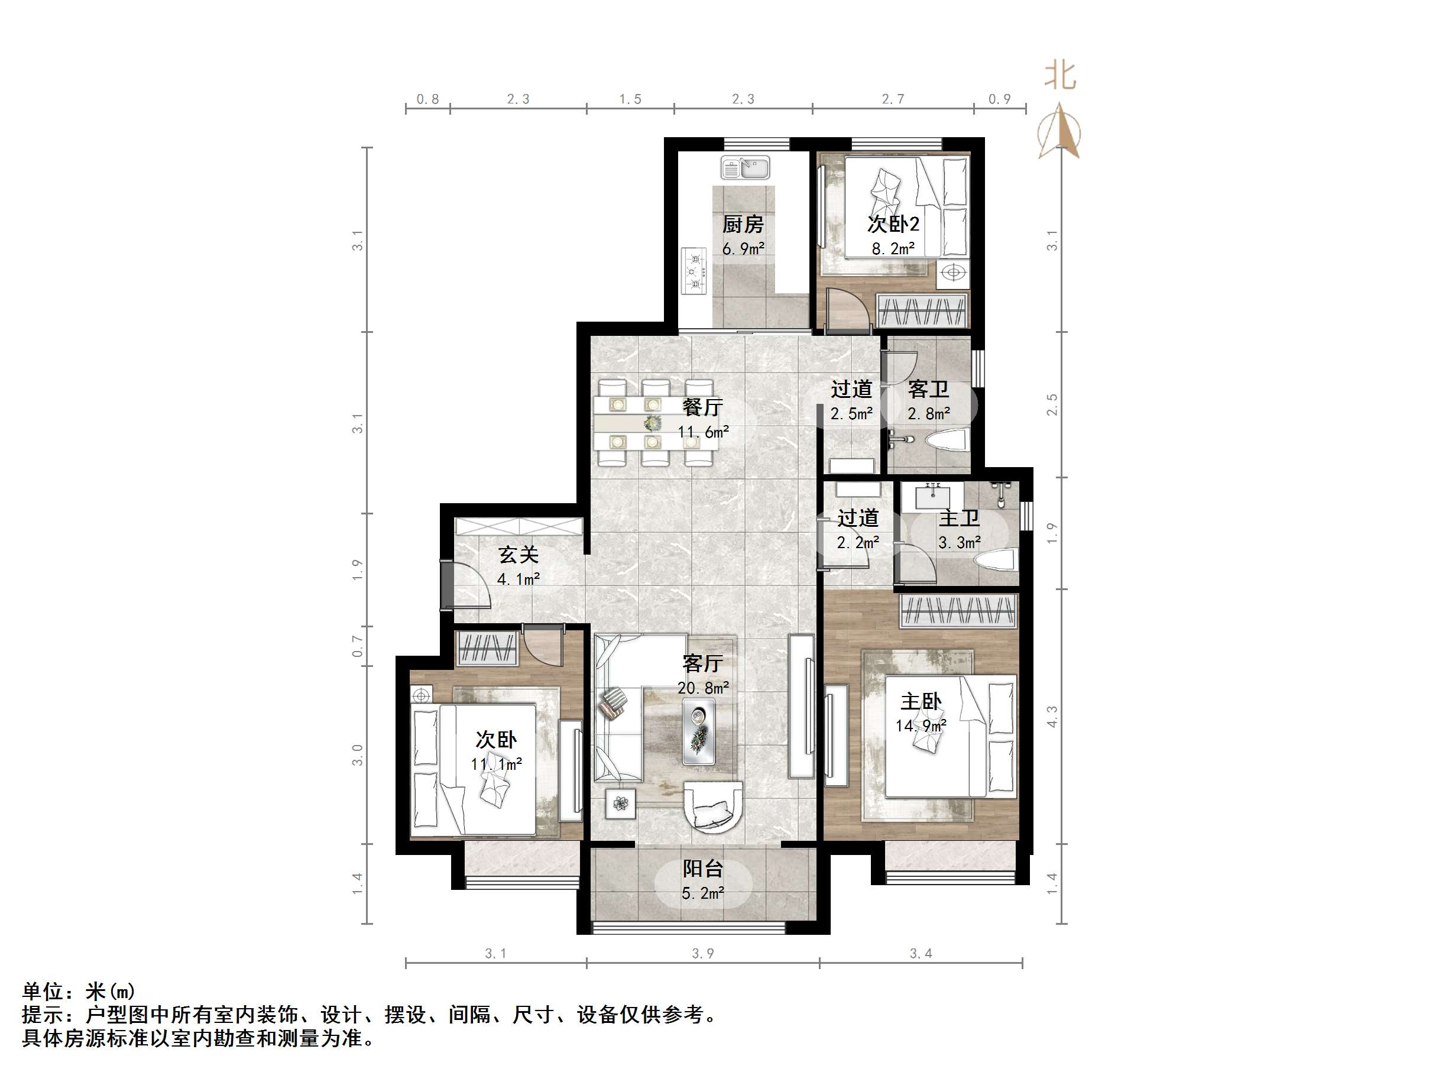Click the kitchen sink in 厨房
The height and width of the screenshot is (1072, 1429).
tap(745, 168)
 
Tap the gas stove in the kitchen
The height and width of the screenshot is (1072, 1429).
tap(695, 271)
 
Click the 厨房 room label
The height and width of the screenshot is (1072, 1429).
tap(743, 224)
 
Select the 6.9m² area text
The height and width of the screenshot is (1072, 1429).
tap(743, 249)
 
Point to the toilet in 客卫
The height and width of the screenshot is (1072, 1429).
tap(947, 441)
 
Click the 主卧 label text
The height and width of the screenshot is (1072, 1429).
tap(921, 701)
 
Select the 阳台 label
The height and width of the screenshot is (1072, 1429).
tap(703, 869)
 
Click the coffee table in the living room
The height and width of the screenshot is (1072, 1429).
tap(699, 733)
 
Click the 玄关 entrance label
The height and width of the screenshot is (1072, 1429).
tap(518, 555)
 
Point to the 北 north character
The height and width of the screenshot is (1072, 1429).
tap(1060, 76)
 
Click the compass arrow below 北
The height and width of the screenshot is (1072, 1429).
tap(1059, 132)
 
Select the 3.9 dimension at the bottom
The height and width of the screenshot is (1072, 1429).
tap(703, 953)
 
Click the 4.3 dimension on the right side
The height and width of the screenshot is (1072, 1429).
tap(1052, 717)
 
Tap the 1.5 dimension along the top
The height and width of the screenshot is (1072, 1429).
tap(630, 99)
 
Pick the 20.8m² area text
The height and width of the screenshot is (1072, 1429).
tap(703, 688)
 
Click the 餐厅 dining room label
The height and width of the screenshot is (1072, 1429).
tap(703, 407)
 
